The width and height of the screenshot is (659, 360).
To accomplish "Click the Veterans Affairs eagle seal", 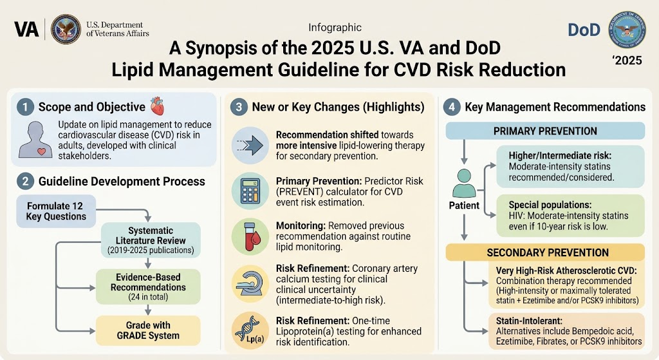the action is point(66,29).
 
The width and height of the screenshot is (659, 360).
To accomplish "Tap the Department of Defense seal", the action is point(627,30).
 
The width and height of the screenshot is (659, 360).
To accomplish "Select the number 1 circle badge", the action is point(25,107).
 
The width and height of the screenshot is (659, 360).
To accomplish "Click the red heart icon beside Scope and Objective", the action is point(158,106).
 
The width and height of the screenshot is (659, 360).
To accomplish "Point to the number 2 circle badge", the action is point(25,181).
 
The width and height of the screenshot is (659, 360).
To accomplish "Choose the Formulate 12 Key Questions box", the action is point(56,211).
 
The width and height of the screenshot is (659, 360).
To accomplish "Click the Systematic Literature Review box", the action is point(151,240).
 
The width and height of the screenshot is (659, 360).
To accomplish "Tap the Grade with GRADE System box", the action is point(148,330).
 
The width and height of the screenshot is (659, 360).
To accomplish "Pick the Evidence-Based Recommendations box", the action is point(148,287).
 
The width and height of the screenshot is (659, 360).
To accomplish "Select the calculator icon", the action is point(250,191).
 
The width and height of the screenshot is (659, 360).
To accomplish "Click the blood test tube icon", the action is point(250,236).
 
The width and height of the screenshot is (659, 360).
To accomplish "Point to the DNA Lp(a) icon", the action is point(250,330).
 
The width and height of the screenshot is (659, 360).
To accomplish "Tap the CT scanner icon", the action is point(250,283).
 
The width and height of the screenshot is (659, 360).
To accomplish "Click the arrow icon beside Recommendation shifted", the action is point(250,146).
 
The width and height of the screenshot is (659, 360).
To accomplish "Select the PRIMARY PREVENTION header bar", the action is point(545,131).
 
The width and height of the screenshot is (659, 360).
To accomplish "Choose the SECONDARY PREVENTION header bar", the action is point(545,252).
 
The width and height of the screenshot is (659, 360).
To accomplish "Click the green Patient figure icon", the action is point(464,184).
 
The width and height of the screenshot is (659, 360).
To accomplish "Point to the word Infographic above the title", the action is point(335,28).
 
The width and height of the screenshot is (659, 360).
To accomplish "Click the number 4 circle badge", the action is point(452,107).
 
